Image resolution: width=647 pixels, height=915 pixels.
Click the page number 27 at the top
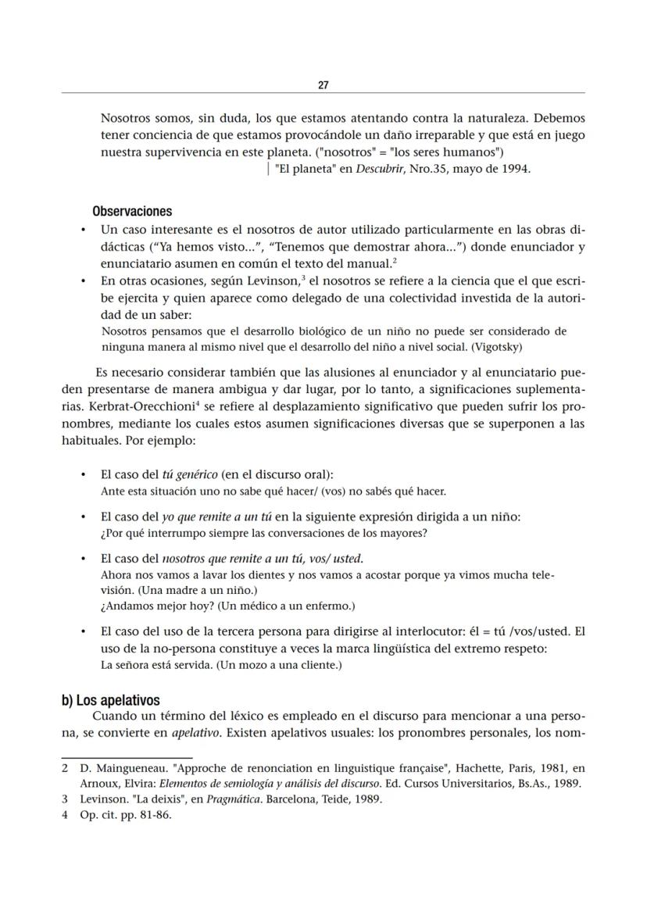pos(323,84)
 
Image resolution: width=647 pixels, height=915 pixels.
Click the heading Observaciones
pos(132,212)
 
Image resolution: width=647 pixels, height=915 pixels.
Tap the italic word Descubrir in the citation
pos(378,168)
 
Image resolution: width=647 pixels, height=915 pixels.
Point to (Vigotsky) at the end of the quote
pos(506,346)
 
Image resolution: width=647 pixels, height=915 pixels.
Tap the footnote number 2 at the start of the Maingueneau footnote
pos(65,768)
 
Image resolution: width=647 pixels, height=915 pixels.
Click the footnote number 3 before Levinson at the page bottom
pos(65,799)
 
